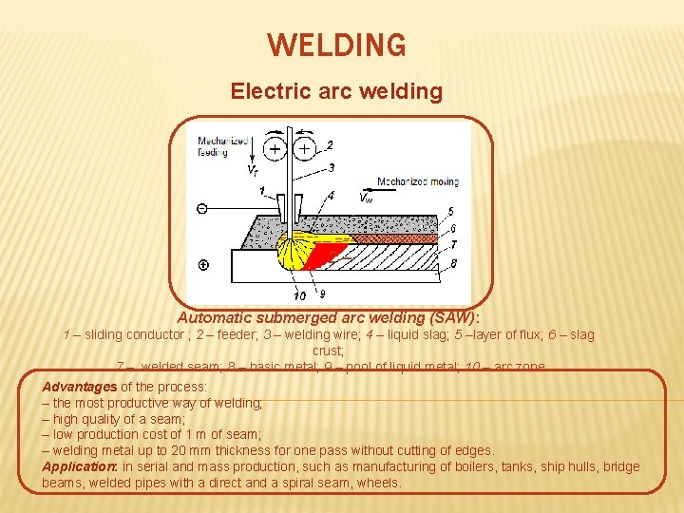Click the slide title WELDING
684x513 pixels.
point(336,45)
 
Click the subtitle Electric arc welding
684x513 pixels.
point(336,91)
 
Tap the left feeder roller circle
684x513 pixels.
point(275,149)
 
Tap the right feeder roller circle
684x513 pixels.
point(305,149)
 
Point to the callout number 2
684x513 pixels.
point(330,144)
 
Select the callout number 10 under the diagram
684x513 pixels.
point(300,294)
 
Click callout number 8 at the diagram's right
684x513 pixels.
point(452,262)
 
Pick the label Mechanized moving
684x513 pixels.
point(418,181)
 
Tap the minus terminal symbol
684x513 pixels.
point(202,208)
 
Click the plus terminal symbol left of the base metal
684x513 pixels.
point(203,264)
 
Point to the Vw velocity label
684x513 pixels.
point(366,198)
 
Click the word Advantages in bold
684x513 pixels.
point(79,387)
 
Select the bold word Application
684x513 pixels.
point(80,466)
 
